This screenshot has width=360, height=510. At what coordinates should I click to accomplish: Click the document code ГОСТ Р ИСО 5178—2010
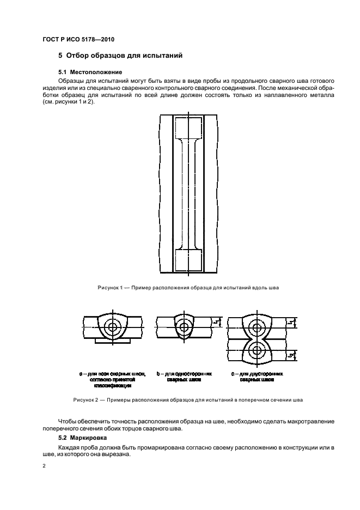[79, 40]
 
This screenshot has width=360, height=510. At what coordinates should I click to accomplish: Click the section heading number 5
[60, 56]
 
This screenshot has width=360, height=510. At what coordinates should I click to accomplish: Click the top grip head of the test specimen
[187, 129]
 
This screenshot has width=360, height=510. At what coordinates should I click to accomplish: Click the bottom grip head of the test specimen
[187, 259]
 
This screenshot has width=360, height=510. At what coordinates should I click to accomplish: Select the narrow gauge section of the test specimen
[187, 193]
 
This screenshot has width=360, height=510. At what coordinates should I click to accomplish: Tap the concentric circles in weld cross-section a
[113, 327]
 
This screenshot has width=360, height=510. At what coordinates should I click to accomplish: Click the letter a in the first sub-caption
[81, 374]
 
